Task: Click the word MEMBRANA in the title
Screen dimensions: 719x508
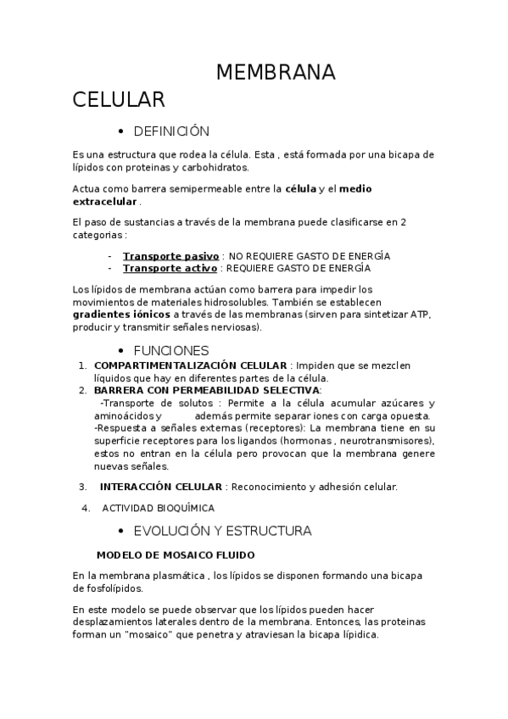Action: [x=276, y=73]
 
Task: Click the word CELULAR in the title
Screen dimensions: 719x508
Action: [x=118, y=101]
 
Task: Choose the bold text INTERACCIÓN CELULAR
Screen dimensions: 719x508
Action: [x=160, y=487]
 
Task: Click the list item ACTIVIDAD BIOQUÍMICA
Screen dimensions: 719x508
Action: [x=158, y=508]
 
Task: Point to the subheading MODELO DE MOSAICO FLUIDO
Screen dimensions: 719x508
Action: [x=176, y=555]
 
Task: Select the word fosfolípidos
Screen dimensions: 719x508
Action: [x=109, y=588]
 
